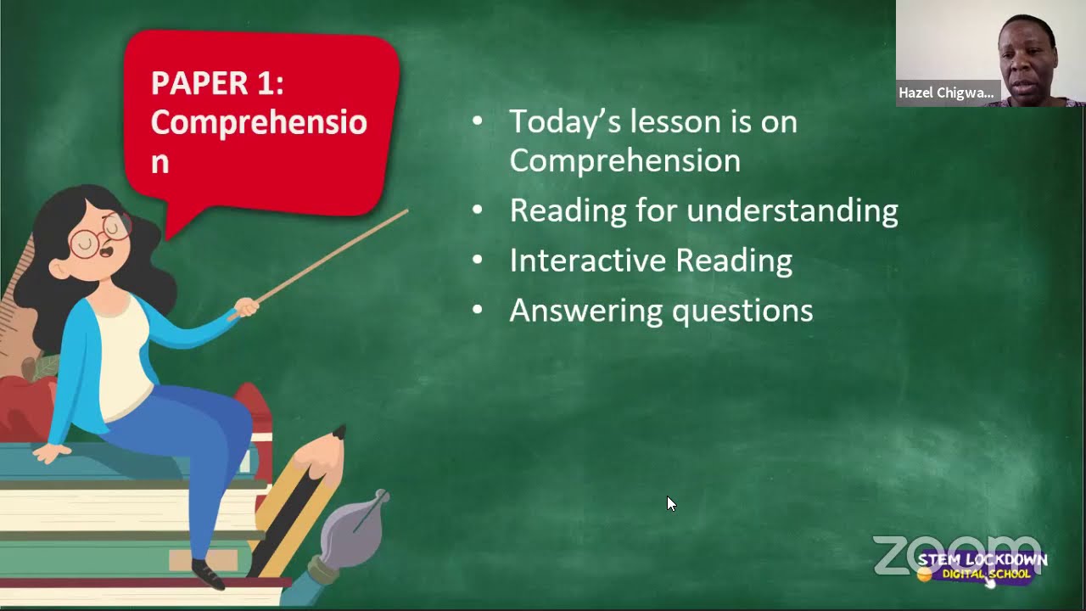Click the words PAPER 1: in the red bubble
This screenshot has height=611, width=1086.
coord(217,83)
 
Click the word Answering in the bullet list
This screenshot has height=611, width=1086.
coord(585,311)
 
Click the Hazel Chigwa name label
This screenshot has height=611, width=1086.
coord(946,93)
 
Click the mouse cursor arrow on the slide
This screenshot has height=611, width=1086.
coord(670,503)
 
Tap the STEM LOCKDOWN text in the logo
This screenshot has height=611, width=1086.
coord(982,560)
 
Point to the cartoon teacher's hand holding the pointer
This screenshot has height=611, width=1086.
coord(245,307)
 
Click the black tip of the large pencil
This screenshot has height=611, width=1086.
coord(339,434)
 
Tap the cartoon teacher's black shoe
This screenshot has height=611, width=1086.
coord(207,575)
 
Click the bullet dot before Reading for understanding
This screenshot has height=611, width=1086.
coord(477,210)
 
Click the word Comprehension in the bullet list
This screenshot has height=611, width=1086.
coord(624,161)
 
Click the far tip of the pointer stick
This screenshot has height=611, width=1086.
coord(406,211)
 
